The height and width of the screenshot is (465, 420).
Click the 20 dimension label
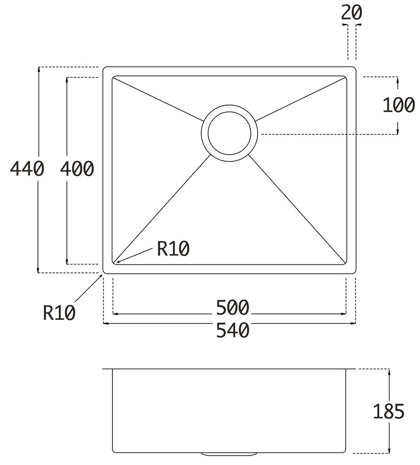coord(352,13)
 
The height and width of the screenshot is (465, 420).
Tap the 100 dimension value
coord(399,105)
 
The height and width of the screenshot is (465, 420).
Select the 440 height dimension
coord(27,168)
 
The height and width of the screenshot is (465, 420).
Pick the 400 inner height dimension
coord(77,168)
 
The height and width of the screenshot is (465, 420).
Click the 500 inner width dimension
coord(233,307)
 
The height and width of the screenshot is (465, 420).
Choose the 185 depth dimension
coord(388,412)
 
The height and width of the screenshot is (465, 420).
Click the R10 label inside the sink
coord(173,248)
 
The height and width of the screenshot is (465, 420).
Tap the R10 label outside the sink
coord(59,312)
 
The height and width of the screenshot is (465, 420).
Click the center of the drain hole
coord(230,133)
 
